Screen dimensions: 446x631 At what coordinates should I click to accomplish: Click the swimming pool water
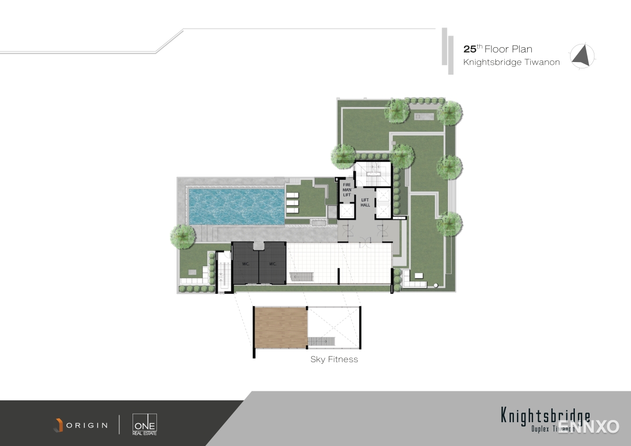[236, 206]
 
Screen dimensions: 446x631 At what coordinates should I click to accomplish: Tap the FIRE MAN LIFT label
[347, 190]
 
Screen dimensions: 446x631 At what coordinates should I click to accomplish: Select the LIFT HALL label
[365, 202]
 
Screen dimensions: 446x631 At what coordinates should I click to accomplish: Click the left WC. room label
[246, 264]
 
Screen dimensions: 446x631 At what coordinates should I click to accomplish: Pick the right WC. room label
[273, 264]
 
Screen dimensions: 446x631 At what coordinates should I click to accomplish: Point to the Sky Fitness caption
[334, 360]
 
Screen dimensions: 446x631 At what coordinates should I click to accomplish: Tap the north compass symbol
[582, 56]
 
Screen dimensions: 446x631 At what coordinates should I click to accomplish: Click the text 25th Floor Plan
[497, 49]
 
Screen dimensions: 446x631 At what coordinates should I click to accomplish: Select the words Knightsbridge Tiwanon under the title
[511, 63]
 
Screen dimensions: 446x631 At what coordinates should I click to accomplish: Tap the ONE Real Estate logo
[145, 424]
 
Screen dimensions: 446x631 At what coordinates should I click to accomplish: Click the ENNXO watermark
[589, 426]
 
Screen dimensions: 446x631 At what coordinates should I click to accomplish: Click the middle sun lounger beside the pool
[292, 203]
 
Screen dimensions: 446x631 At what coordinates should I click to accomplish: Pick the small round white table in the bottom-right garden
[436, 285]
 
